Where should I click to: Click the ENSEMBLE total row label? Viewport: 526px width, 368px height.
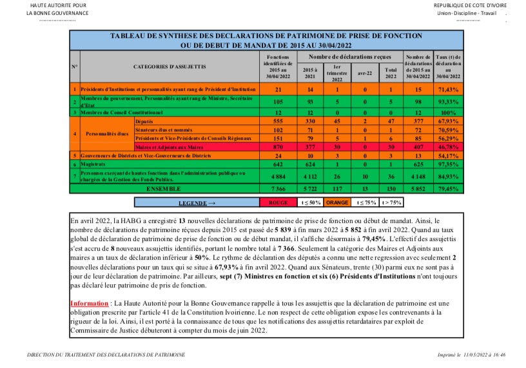(x=164, y=188)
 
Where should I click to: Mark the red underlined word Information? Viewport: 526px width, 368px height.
(x=89, y=302)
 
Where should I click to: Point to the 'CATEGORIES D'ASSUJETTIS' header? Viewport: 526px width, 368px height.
(x=170, y=66)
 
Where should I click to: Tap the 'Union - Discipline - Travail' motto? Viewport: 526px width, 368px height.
(x=465, y=13)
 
